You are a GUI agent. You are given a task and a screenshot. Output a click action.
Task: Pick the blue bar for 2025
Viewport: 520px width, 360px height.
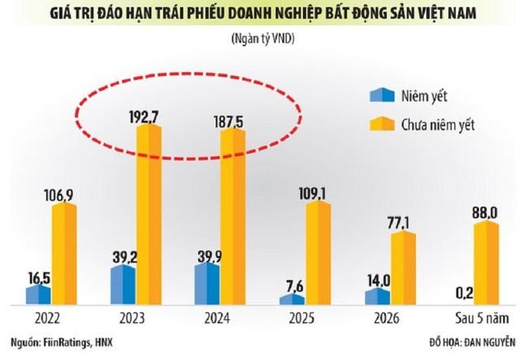coord(291,300)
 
